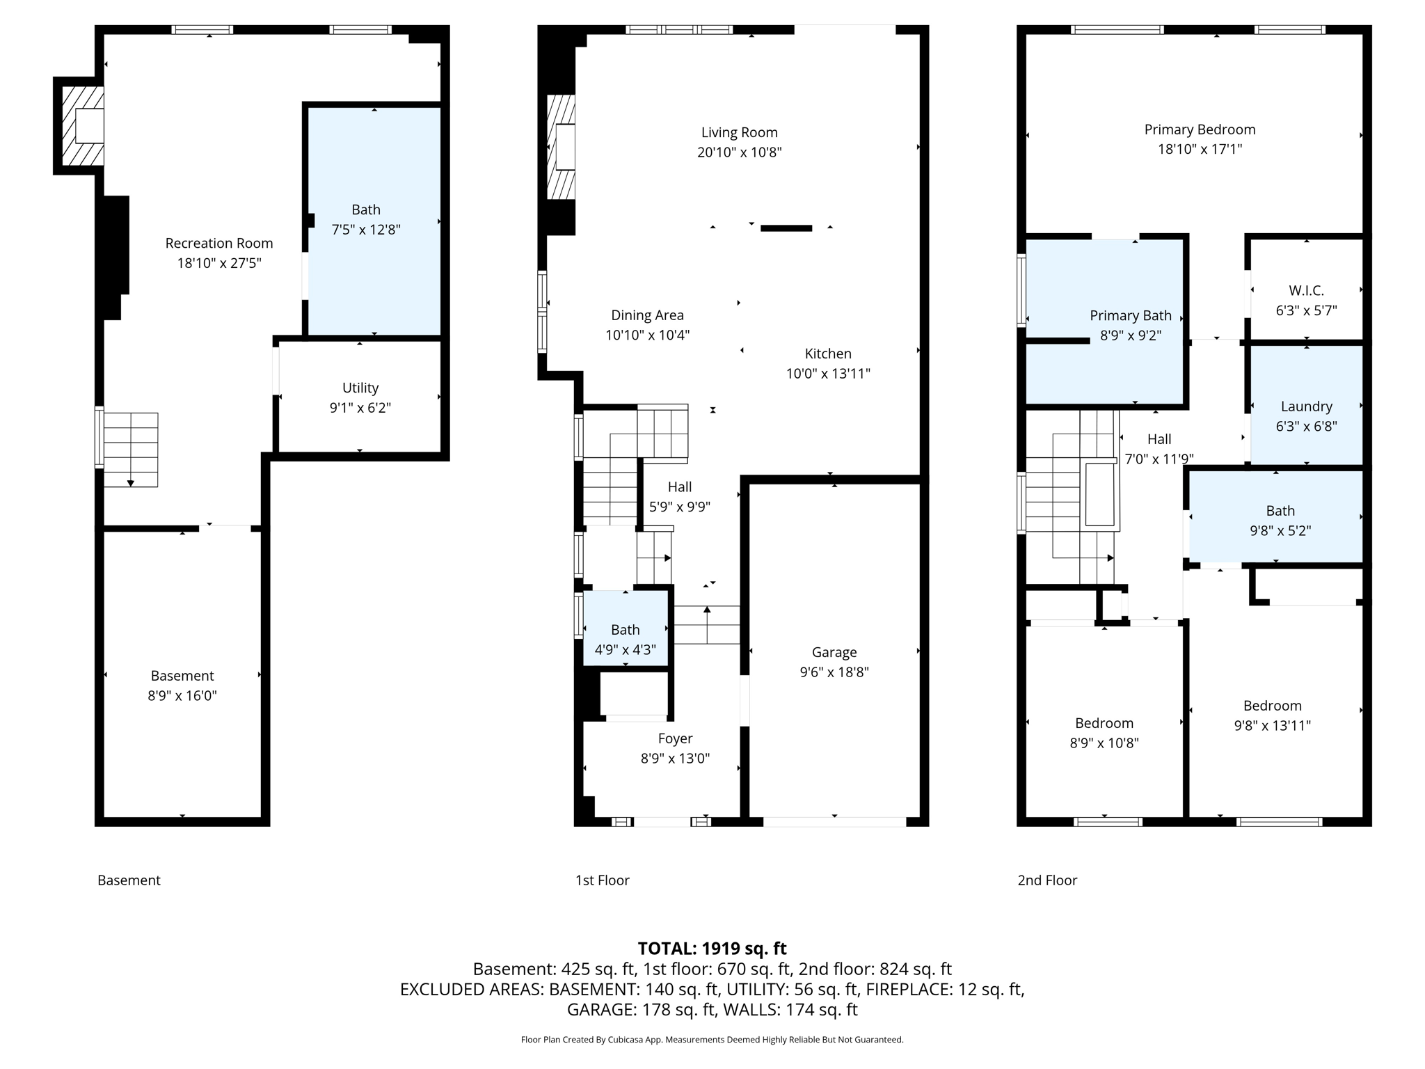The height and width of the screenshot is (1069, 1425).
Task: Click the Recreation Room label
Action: [218, 243]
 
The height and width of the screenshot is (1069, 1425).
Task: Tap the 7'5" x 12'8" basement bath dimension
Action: [366, 230]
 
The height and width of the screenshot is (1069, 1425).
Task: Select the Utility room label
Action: [360, 388]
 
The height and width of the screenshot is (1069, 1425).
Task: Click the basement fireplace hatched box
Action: [83, 126]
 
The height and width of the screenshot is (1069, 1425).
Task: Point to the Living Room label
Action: [739, 132]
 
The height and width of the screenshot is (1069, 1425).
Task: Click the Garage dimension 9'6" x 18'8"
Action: [834, 672]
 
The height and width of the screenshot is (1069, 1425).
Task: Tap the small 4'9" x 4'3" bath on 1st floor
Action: [625, 639]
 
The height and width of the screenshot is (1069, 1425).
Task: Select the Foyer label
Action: [675, 738]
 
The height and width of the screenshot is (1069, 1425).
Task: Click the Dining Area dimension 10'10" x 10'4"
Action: [647, 335]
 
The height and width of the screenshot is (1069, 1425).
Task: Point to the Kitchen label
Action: [828, 354]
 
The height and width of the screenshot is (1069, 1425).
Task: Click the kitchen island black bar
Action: [786, 228]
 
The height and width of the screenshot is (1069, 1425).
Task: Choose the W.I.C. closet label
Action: [1306, 290]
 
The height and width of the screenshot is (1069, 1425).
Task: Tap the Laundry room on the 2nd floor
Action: [1306, 406]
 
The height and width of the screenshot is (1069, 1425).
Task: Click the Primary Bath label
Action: [1130, 315]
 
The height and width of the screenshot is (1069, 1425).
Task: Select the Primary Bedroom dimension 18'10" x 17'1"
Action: [1200, 149]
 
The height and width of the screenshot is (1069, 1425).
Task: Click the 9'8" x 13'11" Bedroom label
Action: [1272, 706]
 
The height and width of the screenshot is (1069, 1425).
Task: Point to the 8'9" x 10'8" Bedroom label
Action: [1104, 723]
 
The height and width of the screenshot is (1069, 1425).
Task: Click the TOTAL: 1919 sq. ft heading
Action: [712, 949]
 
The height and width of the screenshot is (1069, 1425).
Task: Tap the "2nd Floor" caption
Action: [1046, 880]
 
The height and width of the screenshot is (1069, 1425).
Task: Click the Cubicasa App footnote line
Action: [712, 1040]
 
